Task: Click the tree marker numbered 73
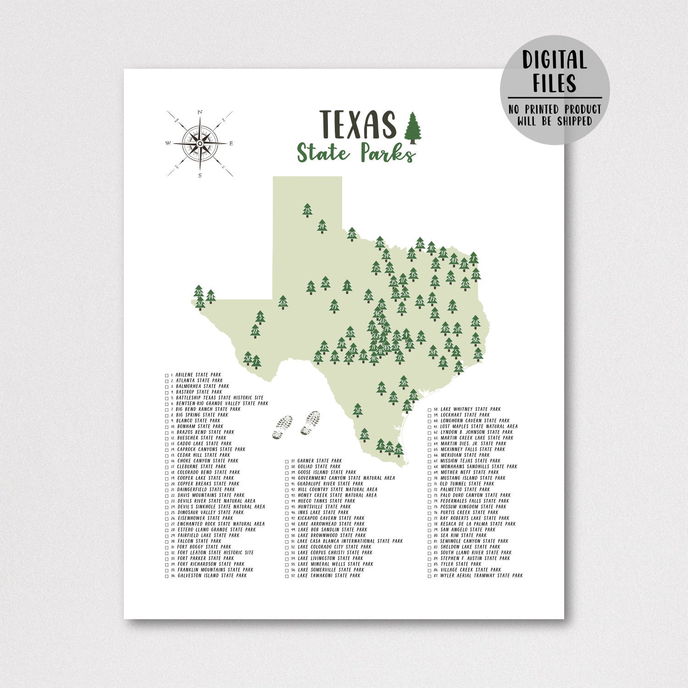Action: pyautogui.click(x=307, y=210)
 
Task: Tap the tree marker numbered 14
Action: pyautogui.click(x=322, y=226)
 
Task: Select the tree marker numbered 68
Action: pyautogui.click(x=283, y=302)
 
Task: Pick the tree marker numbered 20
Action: pyautogui.click(x=352, y=234)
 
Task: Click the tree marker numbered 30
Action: pyautogui.click(x=364, y=434)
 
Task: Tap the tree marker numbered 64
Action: pyautogui.click(x=475, y=322)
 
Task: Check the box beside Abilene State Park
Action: pyautogui.click(x=167, y=375)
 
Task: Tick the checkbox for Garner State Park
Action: pyautogui.click(x=287, y=461)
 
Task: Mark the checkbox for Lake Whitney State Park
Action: pyautogui.click(x=430, y=410)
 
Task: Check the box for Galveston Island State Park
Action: pyautogui.click(x=167, y=576)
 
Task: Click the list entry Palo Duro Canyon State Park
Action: pyautogui.click(x=475, y=495)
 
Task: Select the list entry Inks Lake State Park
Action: pyautogui.click(x=323, y=512)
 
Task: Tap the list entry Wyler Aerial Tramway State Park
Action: pyautogui.click(x=481, y=576)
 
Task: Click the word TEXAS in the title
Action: pyautogui.click(x=357, y=124)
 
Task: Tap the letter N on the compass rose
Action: pyautogui.click(x=200, y=112)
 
